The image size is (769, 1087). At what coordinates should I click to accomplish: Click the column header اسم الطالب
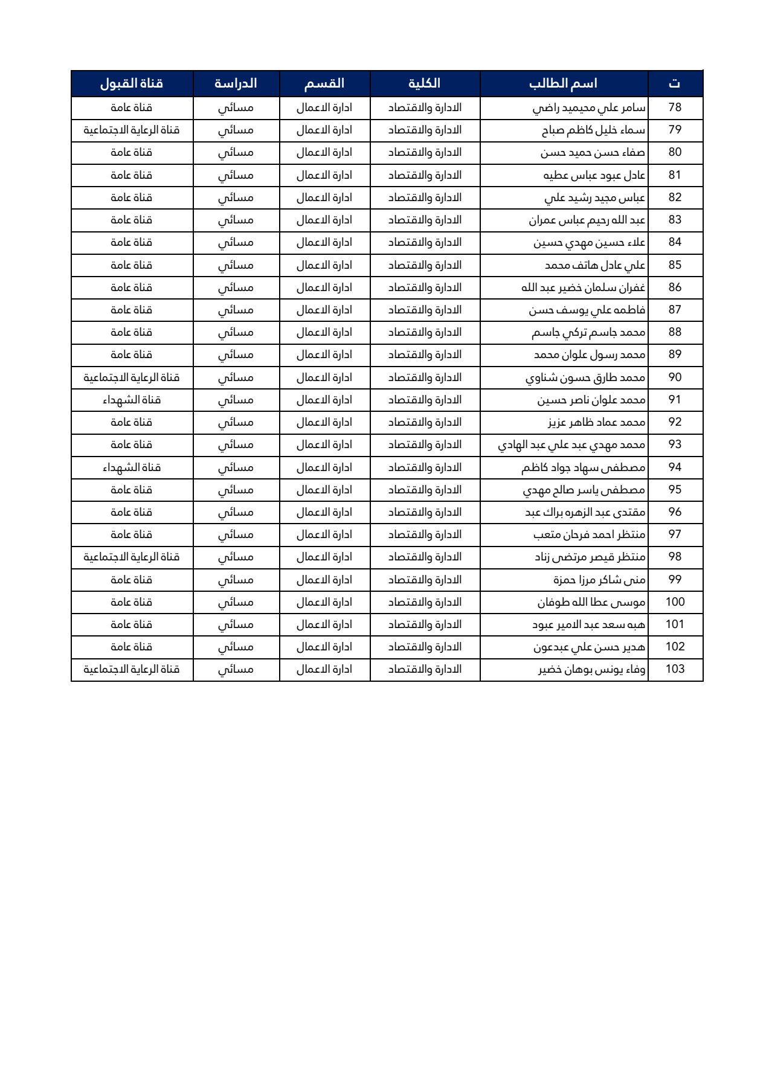pos(563,83)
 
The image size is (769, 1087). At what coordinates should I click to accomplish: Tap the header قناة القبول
pos(132,83)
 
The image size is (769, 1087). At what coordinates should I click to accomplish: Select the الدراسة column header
pos(236,83)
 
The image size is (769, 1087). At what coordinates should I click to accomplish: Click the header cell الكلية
pos(424,83)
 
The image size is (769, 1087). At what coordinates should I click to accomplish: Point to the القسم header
pos(324,83)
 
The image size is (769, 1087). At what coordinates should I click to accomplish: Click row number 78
pos(675,107)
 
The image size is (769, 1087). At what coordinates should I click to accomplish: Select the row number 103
pos(675,669)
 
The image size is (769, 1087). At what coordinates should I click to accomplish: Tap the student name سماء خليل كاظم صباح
pos(593,130)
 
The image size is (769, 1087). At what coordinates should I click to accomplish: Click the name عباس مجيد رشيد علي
pos(595,197)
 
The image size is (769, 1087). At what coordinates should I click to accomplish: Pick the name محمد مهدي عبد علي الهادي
pos(571,445)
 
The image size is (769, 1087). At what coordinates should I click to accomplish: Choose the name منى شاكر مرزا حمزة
pos(599,580)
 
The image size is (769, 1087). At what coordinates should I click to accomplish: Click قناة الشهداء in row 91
pos(132,400)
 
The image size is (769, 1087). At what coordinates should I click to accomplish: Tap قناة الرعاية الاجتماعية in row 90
pos(132,377)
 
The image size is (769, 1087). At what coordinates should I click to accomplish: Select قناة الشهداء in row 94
pos(132,467)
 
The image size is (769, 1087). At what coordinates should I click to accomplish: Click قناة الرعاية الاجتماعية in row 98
pos(132,557)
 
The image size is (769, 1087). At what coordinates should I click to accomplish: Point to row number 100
pos(675,602)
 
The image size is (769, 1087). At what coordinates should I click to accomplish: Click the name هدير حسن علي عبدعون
pos(590,647)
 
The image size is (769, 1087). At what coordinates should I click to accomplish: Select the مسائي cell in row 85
pos(236,265)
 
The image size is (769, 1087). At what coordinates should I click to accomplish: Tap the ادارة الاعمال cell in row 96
pos(324,512)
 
